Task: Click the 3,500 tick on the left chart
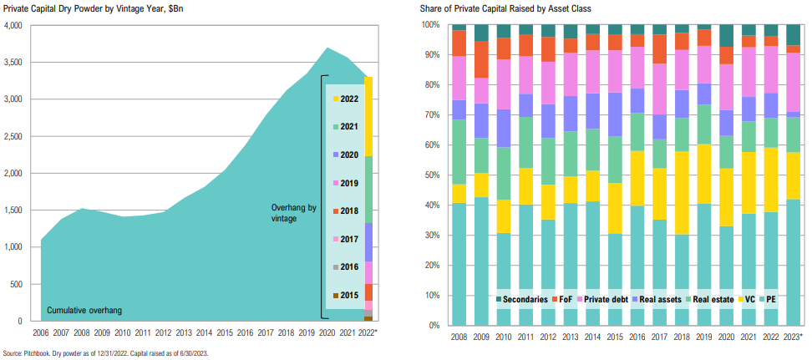pos(14,63)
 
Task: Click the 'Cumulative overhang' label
pos(84,311)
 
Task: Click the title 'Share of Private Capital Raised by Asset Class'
pos(518,8)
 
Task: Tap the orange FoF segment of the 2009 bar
pos(480,59)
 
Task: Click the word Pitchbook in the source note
pos(40,352)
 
